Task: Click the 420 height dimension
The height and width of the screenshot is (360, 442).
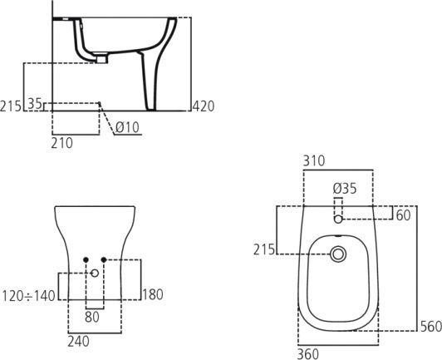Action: pyautogui.click(x=204, y=106)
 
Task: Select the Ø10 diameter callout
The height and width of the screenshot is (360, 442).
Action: pyautogui.click(x=127, y=127)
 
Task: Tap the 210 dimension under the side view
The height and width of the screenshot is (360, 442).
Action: pyautogui.click(x=61, y=143)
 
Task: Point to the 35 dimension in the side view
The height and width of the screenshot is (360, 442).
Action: pyautogui.click(x=35, y=104)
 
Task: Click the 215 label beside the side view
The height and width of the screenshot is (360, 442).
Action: pyautogui.click(x=12, y=106)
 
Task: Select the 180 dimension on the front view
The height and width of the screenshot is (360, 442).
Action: pyautogui.click(x=154, y=295)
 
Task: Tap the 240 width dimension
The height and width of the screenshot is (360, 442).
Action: pyautogui.click(x=79, y=341)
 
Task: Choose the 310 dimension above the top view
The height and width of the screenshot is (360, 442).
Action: pyautogui.click(x=314, y=161)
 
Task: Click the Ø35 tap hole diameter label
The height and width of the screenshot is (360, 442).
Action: pyautogui.click(x=345, y=189)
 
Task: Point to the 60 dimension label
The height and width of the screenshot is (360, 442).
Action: pyautogui.click(x=404, y=216)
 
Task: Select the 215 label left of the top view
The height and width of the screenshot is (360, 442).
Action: pyautogui.click(x=264, y=249)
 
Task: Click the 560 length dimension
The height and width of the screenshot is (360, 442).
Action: pyautogui.click(x=430, y=327)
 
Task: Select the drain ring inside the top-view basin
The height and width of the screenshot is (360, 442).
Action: pyautogui.click(x=337, y=254)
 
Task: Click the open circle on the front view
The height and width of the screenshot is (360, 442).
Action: pyautogui.click(x=96, y=273)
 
